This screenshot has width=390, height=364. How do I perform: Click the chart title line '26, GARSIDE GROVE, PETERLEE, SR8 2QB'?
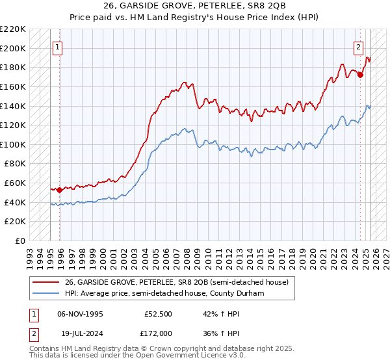click(194, 6)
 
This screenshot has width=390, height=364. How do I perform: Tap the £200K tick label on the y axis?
click(13, 48)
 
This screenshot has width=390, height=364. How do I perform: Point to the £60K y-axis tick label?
click(15, 183)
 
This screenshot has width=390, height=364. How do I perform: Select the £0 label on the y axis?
click(21, 241)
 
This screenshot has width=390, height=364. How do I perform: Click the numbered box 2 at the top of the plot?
click(358, 47)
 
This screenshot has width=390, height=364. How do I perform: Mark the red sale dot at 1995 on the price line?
click(59, 190)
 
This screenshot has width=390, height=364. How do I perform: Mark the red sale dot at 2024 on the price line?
click(360, 75)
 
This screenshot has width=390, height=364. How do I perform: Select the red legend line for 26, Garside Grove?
click(45, 281)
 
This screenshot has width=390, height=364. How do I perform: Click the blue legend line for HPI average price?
click(45, 294)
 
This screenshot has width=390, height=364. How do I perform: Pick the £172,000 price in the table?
click(159, 332)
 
